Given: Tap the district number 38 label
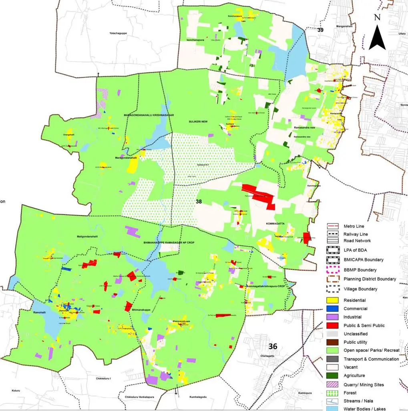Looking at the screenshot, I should pyautogui.click(x=199, y=202).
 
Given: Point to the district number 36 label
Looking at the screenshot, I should pyautogui.click(x=273, y=346).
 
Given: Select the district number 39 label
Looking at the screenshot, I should pyautogui.click(x=320, y=30).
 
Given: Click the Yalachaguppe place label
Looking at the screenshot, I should pyautogui.click(x=118, y=33).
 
